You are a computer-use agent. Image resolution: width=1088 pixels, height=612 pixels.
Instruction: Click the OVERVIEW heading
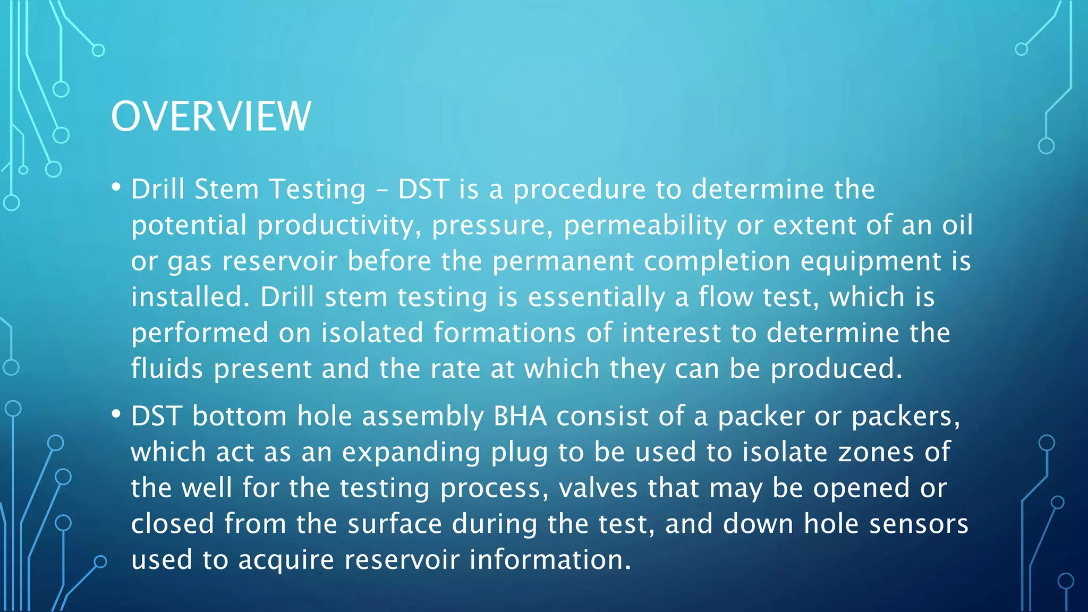pos(211,116)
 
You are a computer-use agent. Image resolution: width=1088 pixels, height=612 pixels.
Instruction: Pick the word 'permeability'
pos(645,226)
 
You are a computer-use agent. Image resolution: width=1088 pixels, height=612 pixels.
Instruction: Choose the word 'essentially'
pos(596,297)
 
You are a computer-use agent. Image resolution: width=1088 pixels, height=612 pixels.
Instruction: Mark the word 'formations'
pos(505,333)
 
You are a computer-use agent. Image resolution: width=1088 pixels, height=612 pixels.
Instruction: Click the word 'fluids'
pos(167,369)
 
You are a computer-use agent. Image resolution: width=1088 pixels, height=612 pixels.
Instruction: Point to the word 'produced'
pos(836,369)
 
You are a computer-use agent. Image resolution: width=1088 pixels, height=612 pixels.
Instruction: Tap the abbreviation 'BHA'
pos(520,416)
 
